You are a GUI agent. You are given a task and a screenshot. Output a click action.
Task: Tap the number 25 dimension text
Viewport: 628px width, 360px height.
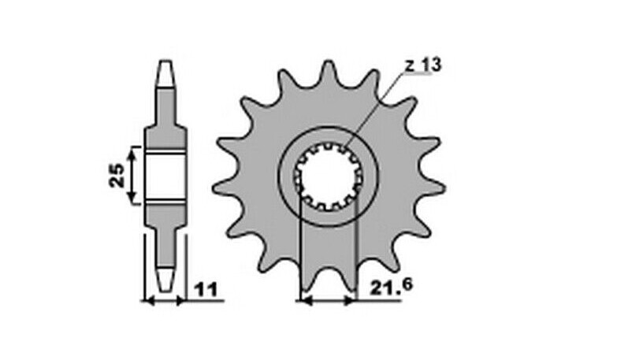click(115, 176)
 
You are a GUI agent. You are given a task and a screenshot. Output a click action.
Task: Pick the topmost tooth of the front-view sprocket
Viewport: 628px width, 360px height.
click(327, 72)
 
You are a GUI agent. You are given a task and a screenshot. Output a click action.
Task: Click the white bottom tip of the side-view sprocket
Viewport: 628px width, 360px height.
click(165, 278)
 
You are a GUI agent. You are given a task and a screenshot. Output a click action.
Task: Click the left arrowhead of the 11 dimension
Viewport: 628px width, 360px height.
click(147, 300)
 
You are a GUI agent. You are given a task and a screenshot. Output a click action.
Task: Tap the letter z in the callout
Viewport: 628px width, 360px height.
click(411, 65)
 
